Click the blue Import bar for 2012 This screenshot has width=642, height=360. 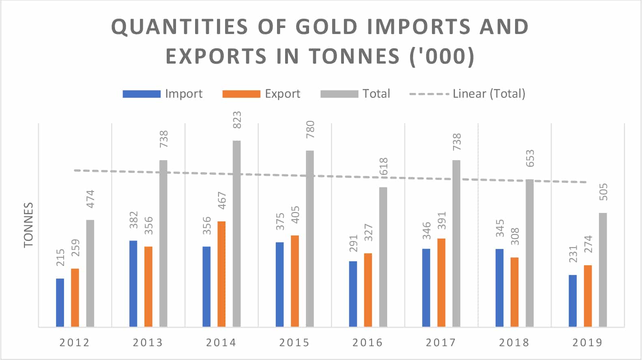click(60, 302)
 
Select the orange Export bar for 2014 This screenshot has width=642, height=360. click(221, 274)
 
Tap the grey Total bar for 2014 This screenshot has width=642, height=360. click(236, 234)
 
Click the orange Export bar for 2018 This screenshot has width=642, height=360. click(514, 292)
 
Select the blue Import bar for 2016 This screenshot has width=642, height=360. click(353, 294)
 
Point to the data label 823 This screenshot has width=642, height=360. click(237, 120)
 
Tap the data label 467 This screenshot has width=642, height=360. click(222, 201)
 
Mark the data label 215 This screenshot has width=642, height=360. click(60, 258)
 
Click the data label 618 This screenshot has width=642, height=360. click(383, 167)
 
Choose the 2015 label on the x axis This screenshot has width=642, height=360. click(294, 343)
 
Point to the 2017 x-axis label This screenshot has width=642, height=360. click(441, 343)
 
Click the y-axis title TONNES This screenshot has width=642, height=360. click(28, 225)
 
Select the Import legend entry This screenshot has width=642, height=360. click(163, 94)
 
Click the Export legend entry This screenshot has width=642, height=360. click(262, 94)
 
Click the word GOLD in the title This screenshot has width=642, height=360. click(327, 27)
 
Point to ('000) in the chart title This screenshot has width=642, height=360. click(442, 56)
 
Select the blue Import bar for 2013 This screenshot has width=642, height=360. click(133, 283)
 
